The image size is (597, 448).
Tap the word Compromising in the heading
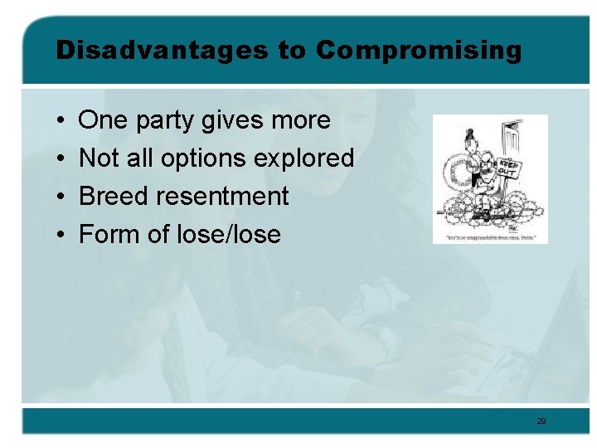tap(419, 51)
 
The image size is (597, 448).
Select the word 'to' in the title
tap(292, 51)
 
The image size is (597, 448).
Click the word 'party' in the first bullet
tap(164, 121)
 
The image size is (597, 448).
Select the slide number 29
tap(541, 421)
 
